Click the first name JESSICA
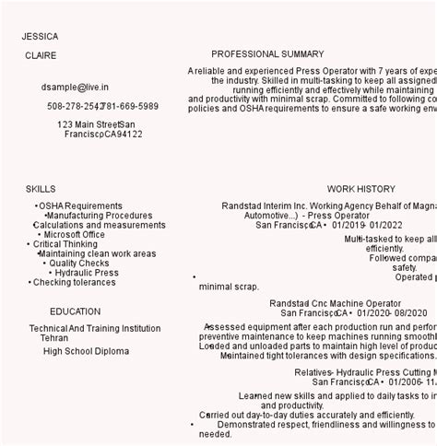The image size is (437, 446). (40, 37)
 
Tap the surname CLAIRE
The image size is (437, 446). (41, 56)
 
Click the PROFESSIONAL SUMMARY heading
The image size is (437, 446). (267, 54)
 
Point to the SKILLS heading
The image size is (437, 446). (41, 189)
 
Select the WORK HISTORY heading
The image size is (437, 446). (360, 189)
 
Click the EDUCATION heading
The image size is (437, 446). (76, 311)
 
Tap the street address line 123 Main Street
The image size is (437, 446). (89, 124)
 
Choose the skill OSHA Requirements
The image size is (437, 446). (80, 206)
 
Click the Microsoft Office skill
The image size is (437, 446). (74, 235)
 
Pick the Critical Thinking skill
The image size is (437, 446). (65, 245)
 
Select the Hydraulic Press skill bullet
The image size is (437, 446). (86, 273)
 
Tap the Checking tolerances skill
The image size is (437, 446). (75, 283)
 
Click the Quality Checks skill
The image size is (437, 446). (79, 264)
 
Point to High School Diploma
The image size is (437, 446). (86, 351)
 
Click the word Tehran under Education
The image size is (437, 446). (53, 338)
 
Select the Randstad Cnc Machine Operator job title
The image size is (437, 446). (335, 303)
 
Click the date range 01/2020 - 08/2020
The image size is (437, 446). (392, 313)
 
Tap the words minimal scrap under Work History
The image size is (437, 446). (229, 287)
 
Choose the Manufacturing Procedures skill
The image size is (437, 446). (100, 216)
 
